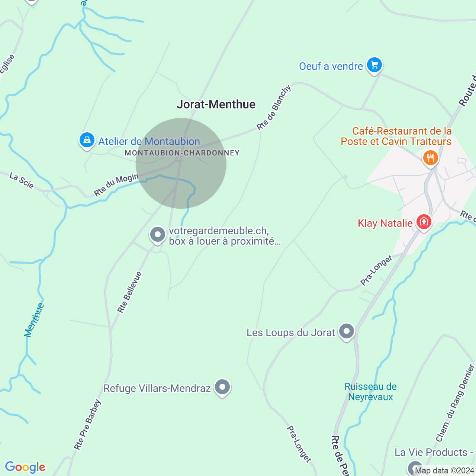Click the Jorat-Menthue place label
pyautogui.click(x=216, y=104)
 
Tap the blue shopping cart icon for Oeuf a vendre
pyautogui.click(x=374, y=65)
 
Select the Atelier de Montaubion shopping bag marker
pyautogui.click(x=87, y=141)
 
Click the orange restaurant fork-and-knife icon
pyautogui.click(x=430, y=158)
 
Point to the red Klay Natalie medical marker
pyautogui.click(x=424, y=222)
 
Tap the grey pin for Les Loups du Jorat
pyautogui.click(x=347, y=331)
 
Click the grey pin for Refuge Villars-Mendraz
pyautogui.click(x=222, y=387)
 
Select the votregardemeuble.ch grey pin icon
pyautogui.click(x=158, y=235)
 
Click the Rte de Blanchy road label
pyautogui.click(x=274, y=108)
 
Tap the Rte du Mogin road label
pyautogui.click(x=116, y=185)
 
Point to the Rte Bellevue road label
pyautogui.click(x=129, y=292)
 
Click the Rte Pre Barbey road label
pyautogui.click(x=87, y=425)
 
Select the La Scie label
pyautogui.click(x=22, y=180)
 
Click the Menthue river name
pyautogui.click(x=34, y=320)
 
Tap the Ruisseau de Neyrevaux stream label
pyautogui.click(x=370, y=392)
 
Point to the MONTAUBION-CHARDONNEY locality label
pyautogui.click(x=182, y=153)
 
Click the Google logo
pyautogui.click(x=25, y=467)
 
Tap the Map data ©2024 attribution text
pyautogui.click(x=444, y=471)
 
